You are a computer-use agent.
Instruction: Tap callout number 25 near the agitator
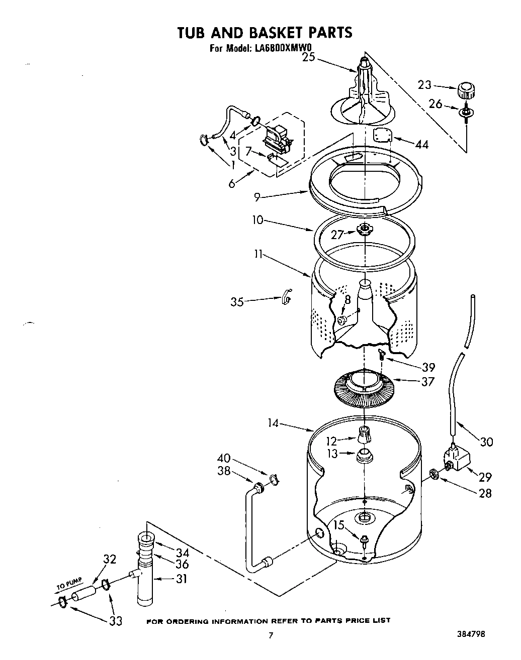pyautogui.click(x=308, y=57)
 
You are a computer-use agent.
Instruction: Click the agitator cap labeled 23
pyautogui.click(x=466, y=92)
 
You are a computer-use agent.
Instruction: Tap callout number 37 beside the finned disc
pyautogui.click(x=427, y=382)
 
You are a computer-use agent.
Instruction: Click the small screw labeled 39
pyautogui.click(x=382, y=356)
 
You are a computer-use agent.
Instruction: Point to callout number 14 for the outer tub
pyautogui.click(x=274, y=424)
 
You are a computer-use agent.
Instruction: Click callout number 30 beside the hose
pyautogui.click(x=486, y=442)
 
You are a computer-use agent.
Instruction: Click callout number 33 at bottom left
pyautogui.click(x=116, y=621)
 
